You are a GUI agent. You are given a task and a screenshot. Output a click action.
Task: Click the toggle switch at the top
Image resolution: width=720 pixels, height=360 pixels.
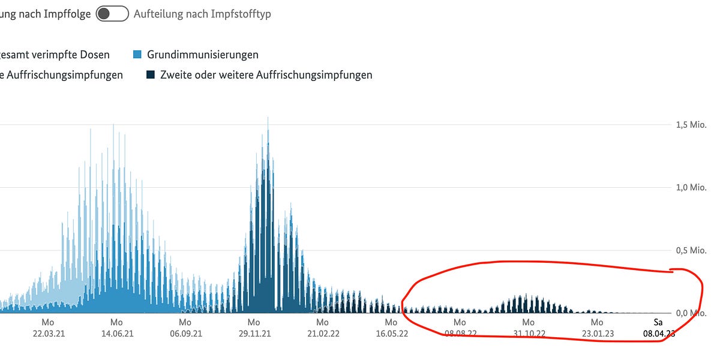coord(113,14)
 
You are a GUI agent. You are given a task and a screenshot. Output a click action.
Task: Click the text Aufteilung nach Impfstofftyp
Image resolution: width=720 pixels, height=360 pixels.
coord(202,14)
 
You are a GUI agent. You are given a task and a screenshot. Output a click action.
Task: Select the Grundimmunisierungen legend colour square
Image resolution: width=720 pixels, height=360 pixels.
coord(137,55)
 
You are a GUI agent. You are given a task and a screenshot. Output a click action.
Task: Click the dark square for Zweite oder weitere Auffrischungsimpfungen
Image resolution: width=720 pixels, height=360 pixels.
coord(151,75)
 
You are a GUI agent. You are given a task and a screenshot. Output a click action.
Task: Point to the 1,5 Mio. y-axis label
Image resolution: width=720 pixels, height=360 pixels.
coord(689,124)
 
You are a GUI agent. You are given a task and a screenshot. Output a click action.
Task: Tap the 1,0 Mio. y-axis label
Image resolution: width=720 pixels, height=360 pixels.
coord(689,187)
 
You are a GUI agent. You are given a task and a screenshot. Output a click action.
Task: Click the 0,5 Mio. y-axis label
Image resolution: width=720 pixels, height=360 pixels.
coord(689,250)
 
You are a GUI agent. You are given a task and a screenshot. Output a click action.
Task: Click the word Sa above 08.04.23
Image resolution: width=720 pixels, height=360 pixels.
coord(658,322)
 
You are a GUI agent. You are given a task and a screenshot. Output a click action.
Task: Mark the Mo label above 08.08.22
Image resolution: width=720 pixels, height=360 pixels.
coord(460,322)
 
